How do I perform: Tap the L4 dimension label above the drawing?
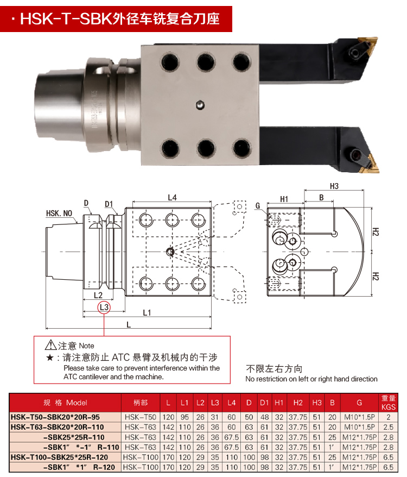[171, 198]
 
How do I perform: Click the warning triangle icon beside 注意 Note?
[51, 344]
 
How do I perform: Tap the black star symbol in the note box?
[50, 357]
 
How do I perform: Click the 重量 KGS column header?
[388, 403]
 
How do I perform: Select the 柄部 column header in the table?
[140, 403]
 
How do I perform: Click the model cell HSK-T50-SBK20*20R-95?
[56, 417]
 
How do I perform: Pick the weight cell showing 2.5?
[388, 427]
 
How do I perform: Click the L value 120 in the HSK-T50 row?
[168, 417]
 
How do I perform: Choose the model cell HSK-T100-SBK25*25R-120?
[62, 457]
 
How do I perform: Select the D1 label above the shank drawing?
[109, 204]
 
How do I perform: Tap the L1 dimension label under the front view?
[147, 312]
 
